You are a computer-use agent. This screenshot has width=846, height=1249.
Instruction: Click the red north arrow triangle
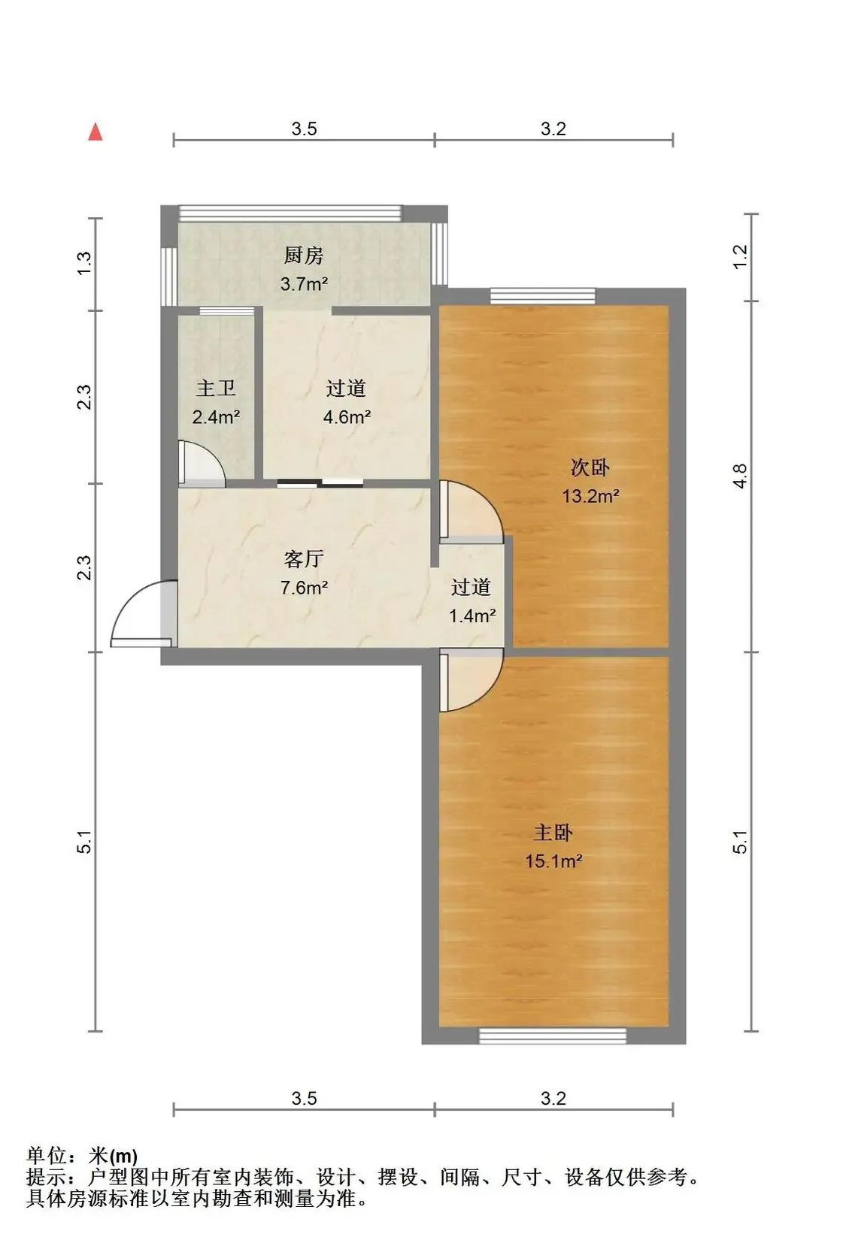(96, 132)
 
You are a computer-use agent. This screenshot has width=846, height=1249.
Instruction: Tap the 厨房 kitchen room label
(304, 256)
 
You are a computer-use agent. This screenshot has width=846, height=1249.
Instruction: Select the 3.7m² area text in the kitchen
(304, 284)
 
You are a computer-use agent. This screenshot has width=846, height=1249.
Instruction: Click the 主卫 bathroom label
(216, 388)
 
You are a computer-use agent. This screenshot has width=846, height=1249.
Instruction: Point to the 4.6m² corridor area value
(347, 416)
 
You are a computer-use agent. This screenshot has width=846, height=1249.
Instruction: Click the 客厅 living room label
(304, 558)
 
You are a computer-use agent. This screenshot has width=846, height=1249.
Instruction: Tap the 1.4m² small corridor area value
(472, 615)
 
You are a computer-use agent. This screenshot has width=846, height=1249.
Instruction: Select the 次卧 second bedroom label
(590, 467)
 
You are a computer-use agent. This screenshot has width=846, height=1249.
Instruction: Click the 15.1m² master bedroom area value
(553, 861)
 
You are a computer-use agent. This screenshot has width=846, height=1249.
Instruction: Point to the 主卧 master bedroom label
(553, 833)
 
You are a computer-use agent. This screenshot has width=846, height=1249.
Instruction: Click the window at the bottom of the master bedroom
(553, 1036)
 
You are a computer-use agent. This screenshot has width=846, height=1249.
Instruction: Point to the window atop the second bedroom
(543, 295)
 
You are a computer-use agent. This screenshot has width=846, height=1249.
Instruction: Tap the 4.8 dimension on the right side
(741, 476)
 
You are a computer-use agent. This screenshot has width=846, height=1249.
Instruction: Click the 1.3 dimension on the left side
(83, 262)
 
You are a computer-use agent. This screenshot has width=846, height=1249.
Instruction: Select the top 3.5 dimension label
(304, 129)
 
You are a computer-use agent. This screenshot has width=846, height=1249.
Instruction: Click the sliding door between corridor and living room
(320, 483)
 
